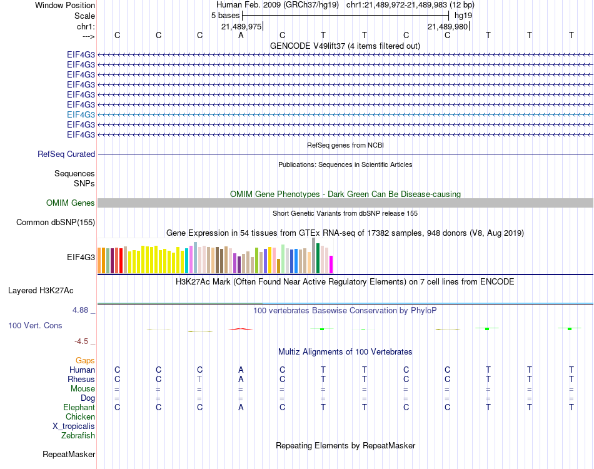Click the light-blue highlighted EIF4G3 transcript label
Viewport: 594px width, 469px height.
click(x=81, y=114)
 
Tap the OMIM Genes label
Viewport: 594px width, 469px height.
click(x=71, y=203)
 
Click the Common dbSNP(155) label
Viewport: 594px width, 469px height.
click(x=56, y=222)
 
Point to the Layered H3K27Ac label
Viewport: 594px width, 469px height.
click(x=41, y=290)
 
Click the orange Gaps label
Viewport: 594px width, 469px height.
click(x=85, y=361)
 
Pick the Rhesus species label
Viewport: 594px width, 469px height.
click(x=81, y=379)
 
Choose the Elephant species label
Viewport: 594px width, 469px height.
click(x=79, y=407)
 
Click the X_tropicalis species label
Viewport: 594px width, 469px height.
click(x=74, y=426)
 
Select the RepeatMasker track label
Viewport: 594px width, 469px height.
click(x=69, y=454)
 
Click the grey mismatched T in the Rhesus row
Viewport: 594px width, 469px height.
click(x=199, y=379)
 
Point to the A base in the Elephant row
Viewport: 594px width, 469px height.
click(x=241, y=407)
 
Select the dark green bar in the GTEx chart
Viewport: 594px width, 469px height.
click(x=318, y=258)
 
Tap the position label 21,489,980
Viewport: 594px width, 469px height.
click(x=447, y=26)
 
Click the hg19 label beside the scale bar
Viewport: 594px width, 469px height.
click(x=463, y=14)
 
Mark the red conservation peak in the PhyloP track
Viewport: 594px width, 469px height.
click(x=241, y=328)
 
